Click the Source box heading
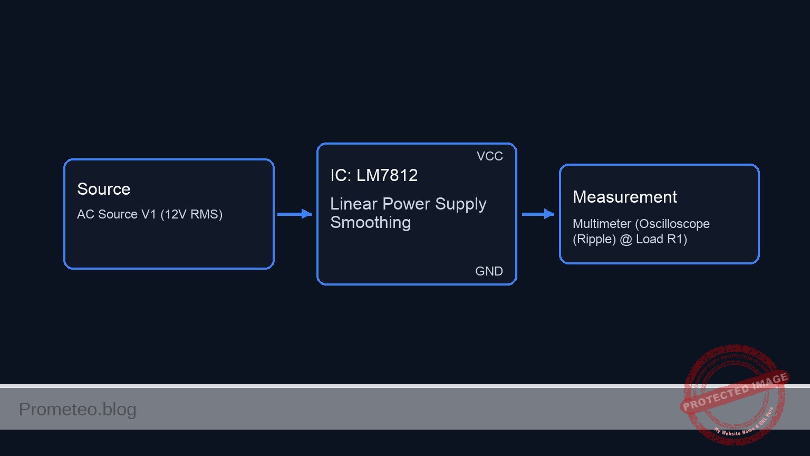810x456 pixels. pos(103,189)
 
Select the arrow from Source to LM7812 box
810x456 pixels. pos(294,214)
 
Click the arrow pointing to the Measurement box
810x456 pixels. pos(538,214)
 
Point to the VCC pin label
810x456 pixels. pos(489,156)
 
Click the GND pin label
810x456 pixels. pos(489,271)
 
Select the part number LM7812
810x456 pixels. pos(387,175)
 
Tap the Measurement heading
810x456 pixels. pos(624,197)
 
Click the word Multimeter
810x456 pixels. pos(601,224)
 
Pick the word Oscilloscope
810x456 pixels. pos(674,224)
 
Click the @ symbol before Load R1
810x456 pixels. pos(625,240)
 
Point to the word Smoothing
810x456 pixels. pos(370,223)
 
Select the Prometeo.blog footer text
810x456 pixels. pos(78,409)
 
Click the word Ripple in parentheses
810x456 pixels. pos(594,240)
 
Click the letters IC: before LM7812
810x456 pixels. pos(341,175)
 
